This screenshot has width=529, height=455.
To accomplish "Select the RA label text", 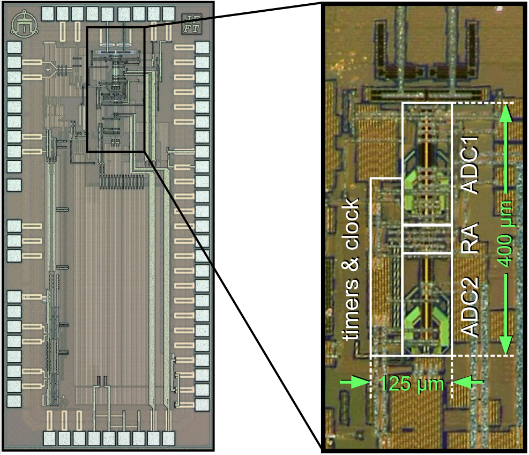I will point(470,239).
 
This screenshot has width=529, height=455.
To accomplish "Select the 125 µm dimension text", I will point(412,383).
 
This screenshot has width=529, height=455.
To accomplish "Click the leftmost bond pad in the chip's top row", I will point(49,12).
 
